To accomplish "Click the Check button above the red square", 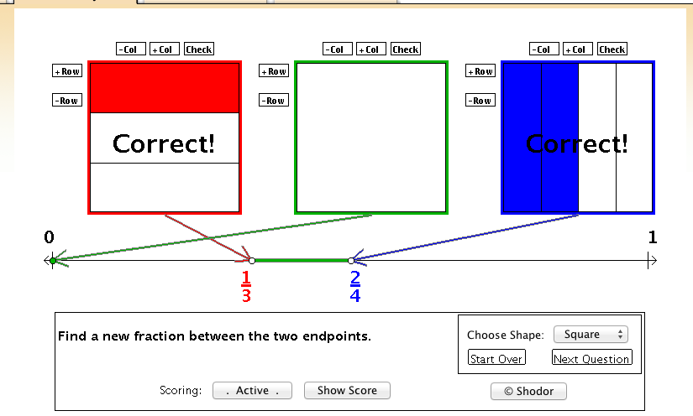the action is click(199, 49).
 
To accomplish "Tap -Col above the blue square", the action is click(544, 49).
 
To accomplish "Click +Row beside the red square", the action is click(67, 70).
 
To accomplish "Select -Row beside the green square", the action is click(274, 100).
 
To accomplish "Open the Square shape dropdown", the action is click(591, 335).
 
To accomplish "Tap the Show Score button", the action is click(347, 390).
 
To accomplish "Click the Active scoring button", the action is click(252, 390).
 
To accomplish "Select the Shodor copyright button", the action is click(528, 392).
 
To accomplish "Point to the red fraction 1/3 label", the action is click(246, 286).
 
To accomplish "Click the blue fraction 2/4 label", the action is click(354, 286).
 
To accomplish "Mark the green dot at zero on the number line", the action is click(53, 261).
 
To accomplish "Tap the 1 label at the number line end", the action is click(653, 237).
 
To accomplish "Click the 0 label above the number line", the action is click(49, 237).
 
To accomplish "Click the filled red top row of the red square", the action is click(165, 88).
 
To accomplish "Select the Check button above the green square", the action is click(406, 49).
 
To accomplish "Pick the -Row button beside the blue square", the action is click(480, 100).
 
